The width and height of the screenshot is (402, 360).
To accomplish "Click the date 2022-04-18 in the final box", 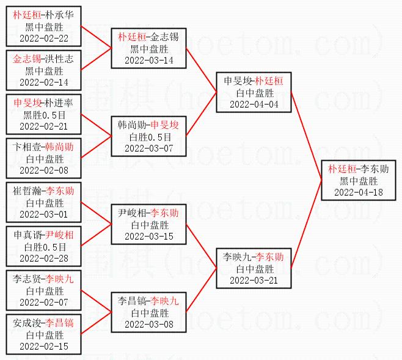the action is pos(359,193).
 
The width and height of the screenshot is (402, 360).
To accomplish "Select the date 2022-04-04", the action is pos(254,105).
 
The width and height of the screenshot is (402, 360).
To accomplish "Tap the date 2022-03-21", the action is pos(254,281).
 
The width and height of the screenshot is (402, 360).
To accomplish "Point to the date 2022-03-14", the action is pos(149,61).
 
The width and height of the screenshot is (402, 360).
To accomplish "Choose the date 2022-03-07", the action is pos(149,148).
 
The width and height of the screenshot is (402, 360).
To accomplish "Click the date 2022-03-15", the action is pos(149,236).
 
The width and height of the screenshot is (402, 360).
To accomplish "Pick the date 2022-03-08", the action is pos(149,324).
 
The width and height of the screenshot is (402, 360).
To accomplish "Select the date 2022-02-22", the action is pos(44,39).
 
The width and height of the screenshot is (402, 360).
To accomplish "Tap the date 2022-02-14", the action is pos(44,83).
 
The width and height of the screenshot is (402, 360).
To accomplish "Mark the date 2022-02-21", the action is pos(44,127).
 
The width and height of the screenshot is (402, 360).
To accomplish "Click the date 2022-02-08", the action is pos(44,171).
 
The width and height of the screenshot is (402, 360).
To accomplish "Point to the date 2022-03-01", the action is pos(44,215).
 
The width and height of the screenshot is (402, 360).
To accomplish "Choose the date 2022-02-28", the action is pos(44,258).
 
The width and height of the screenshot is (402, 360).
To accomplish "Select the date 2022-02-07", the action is pos(44,303).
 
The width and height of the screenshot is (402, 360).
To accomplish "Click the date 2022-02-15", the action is pos(44,346).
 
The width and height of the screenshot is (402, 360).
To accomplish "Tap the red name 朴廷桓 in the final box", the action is pos(342,169).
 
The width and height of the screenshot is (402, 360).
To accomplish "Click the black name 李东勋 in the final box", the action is pos(375,169).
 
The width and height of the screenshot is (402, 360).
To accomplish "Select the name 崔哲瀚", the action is pos(27,191).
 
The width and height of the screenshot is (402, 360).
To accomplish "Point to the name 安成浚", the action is pos(27,323).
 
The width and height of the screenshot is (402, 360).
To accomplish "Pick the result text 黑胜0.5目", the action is pos(45,115).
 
